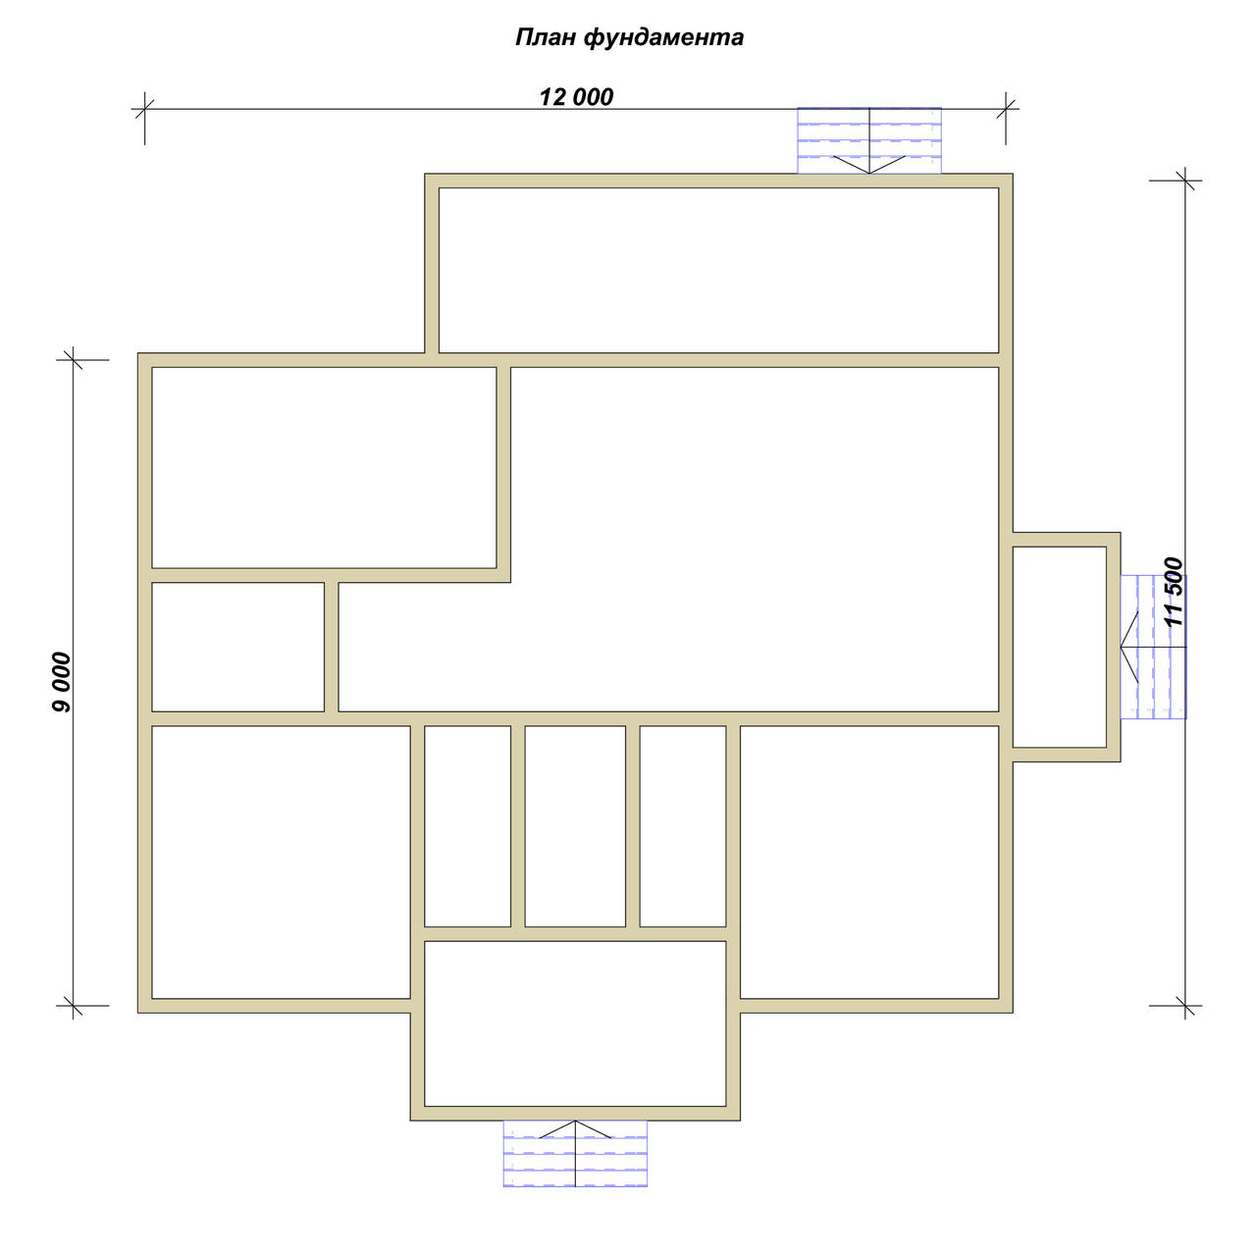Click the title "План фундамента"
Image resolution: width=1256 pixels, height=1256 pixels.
pos(629,38)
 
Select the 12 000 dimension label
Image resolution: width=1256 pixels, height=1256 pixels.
pos(576,97)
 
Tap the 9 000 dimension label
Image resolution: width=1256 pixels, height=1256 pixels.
pos(61,682)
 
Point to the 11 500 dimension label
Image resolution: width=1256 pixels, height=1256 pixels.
pos(1174,592)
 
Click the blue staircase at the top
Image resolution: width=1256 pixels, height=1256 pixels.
pos(868,140)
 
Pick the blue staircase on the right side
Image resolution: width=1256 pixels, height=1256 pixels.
pos(1153,647)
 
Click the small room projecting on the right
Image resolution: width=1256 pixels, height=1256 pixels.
pos(1059,647)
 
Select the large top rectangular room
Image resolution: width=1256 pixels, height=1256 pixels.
pos(718,270)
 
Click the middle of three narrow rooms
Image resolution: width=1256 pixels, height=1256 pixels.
pos(575,826)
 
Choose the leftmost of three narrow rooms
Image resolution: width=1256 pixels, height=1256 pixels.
pos(467,826)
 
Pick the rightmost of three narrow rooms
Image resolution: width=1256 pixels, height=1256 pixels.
pos(682,826)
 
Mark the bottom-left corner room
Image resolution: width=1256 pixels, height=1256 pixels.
pos(281,862)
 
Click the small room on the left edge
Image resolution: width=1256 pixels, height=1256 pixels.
pos(237,647)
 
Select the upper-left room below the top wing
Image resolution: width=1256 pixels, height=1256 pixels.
pos(324,467)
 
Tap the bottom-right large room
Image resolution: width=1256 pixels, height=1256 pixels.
pos(869,862)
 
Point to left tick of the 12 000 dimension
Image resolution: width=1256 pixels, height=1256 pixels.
pos(144,109)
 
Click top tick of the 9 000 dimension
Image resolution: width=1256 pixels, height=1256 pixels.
pos(73,360)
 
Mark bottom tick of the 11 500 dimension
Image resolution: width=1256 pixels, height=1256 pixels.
pos(1185,1006)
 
